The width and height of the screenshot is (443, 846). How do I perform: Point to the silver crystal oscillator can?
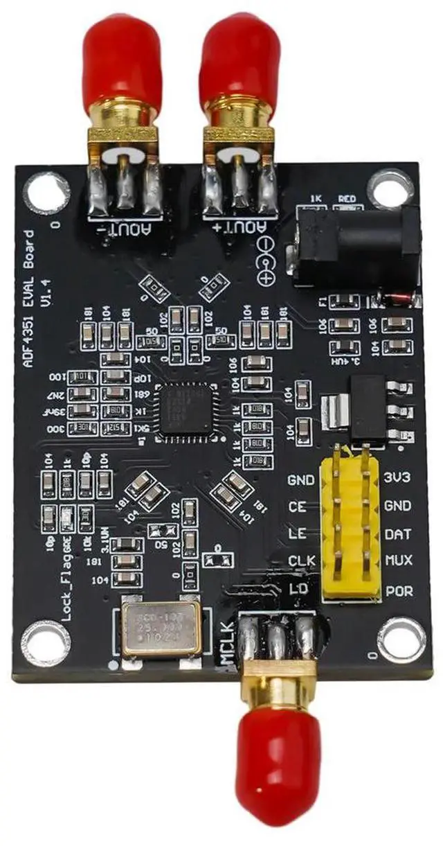161,626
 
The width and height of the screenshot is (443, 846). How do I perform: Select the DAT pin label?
397,534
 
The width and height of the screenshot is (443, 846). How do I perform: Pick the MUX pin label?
397,561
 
